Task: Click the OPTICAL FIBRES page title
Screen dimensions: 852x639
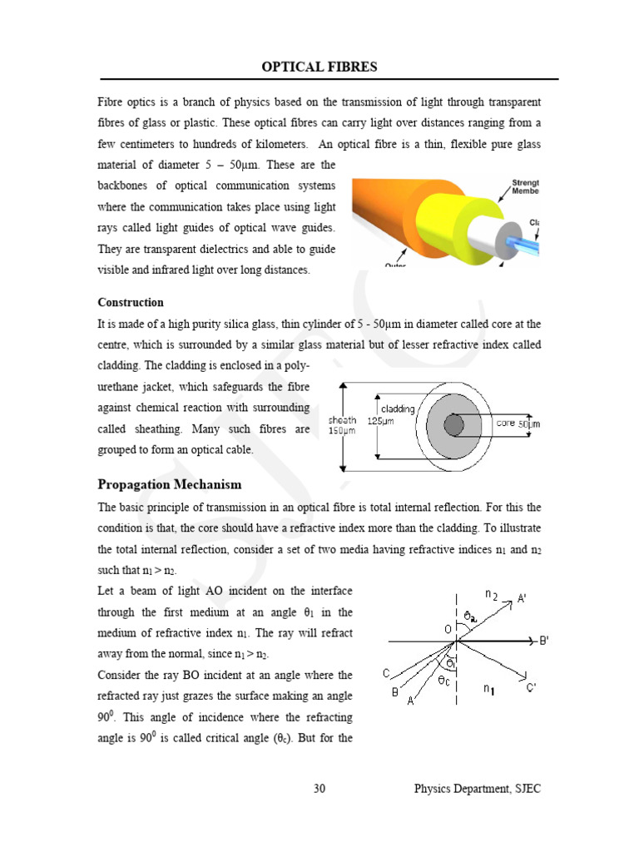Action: pyautogui.click(x=319, y=67)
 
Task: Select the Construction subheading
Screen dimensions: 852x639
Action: pyautogui.click(x=131, y=302)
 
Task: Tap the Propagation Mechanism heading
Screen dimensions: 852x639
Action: pyautogui.click(x=170, y=484)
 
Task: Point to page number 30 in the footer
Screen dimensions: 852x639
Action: pyautogui.click(x=319, y=789)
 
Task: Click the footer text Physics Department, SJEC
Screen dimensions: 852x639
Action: pyautogui.click(x=478, y=789)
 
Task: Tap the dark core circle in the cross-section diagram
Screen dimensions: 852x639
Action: pyautogui.click(x=453, y=425)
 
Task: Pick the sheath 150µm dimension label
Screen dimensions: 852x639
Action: pyautogui.click(x=343, y=425)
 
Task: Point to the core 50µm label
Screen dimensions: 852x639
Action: pyautogui.click(x=518, y=424)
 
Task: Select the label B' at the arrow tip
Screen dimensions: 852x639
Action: pyautogui.click(x=544, y=641)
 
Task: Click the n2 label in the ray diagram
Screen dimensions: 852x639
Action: pyautogui.click(x=492, y=595)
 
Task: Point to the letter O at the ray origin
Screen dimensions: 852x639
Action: pyautogui.click(x=448, y=630)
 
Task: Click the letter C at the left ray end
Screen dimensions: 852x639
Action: pyautogui.click(x=386, y=673)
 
